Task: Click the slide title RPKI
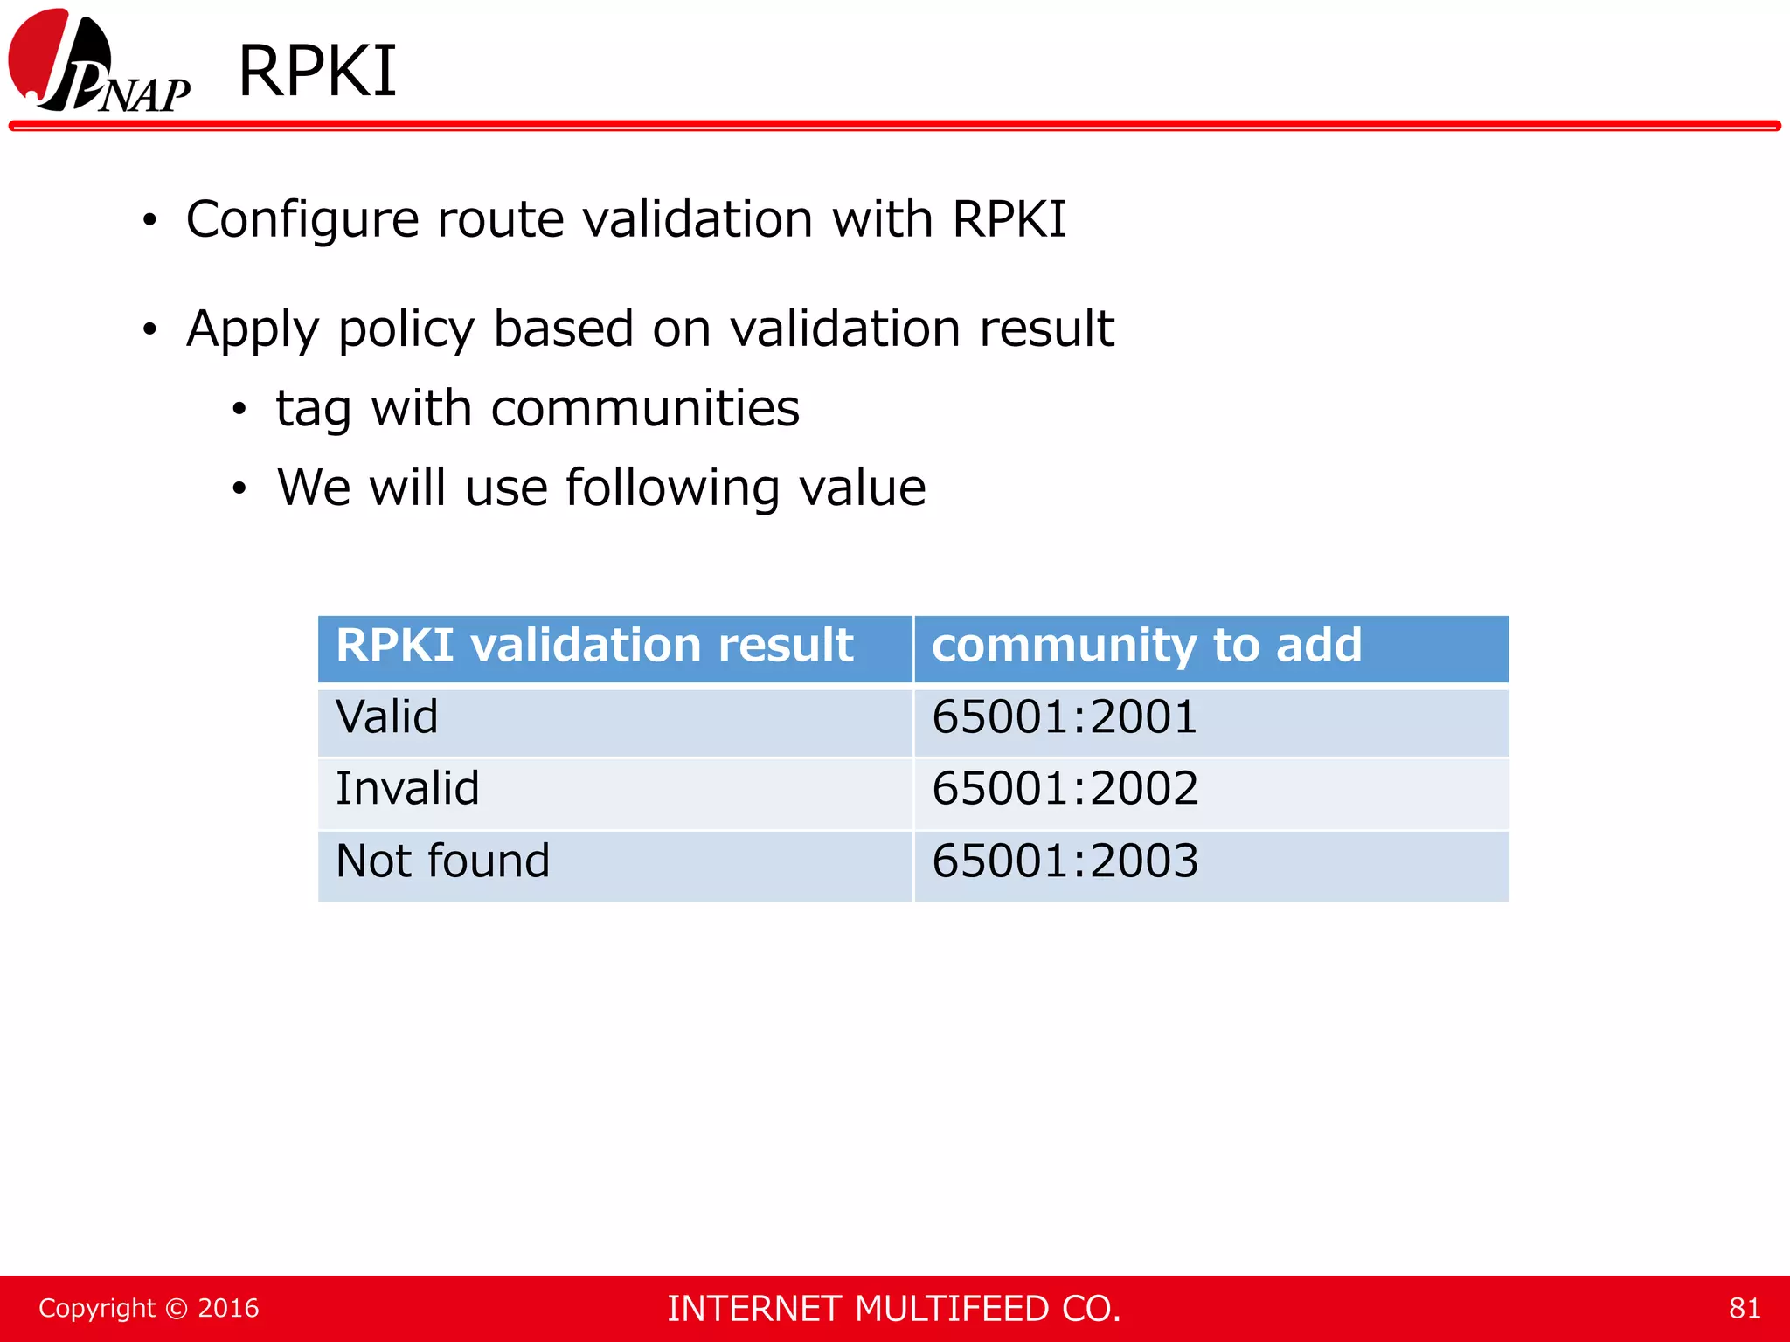[x=317, y=72]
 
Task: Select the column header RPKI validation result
[x=594, y=647]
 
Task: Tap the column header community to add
[x=1146, y=647]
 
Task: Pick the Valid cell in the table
[x=387, y=718]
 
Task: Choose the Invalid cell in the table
[x=407, y=789]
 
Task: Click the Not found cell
[x=442, y=861]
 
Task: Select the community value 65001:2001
[x=1064, y=718]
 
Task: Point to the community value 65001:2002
[x=1065, y=789]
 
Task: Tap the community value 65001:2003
[x=1065, y=861]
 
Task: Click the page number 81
[x=1744, y=1309]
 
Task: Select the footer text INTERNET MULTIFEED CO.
[x=893, y=1309]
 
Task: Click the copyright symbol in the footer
[x=177, y=1309]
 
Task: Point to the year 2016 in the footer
[x=228, y=1309]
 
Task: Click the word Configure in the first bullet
[x=302, y=220]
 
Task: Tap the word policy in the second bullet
[x=405, y=330]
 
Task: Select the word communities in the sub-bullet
[x=644, y=409]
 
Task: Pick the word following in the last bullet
[x=672, y=489]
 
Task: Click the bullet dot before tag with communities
[x=239, y=410]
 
